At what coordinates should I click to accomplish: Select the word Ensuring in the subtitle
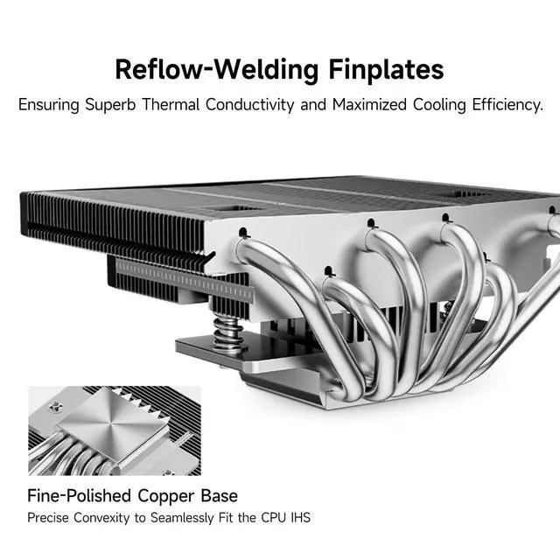(x=48, y=105)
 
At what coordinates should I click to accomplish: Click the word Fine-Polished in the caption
(x=79, y=496)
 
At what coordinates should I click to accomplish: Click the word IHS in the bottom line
(x=299, y=518)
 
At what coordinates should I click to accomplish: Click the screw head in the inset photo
(x=55, y=407)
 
